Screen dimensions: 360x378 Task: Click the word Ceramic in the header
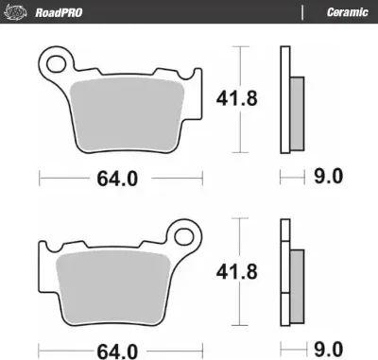pos(346,12)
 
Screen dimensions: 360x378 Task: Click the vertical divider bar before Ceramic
pos(301,12)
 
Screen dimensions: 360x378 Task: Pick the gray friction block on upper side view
pos(295,107)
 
